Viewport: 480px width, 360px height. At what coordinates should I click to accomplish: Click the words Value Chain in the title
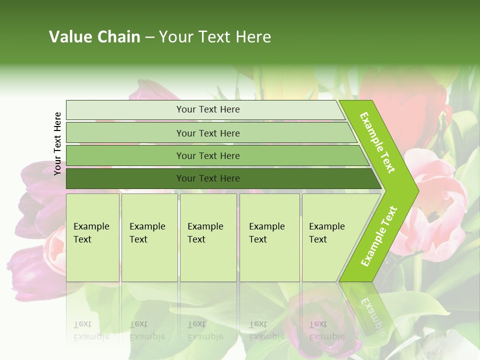pyautogui.click(x=94, y=37)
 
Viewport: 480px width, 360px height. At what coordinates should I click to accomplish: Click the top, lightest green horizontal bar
pyautogui.click(x=125, y=110)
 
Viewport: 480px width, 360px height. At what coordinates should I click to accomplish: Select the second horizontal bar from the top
pyautogui.click(x=125, y=133)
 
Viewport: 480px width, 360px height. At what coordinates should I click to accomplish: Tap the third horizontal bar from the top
pyautogui.click(x=125, y=155)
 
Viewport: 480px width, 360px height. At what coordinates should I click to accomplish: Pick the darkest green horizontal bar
pyautogui.click(x=125, y=178)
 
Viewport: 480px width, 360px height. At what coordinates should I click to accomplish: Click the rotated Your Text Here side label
pyautogui.click(x=58, y=143)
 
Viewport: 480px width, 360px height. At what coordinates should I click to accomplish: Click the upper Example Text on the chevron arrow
pyautogui.click(x=378, y=142)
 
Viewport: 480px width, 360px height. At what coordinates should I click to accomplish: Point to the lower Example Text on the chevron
pyautogui.click(x=379, y=236)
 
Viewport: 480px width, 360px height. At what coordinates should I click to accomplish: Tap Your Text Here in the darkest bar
pyautogui.click(x=208, y=178)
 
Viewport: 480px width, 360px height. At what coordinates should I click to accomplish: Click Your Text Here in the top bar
pyautogui.click(x=208, y=109)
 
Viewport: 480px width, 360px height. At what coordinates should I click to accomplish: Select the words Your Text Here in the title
pyautogui.click(x=215, y=37)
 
